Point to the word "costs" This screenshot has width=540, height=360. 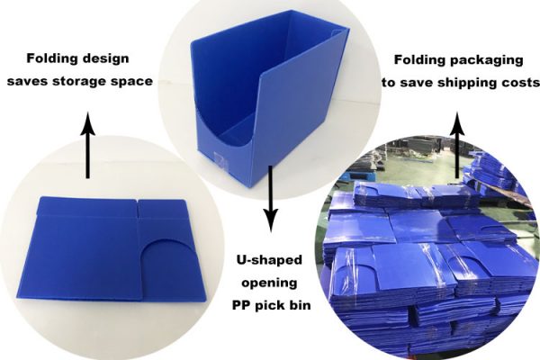(x=517, y=82)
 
